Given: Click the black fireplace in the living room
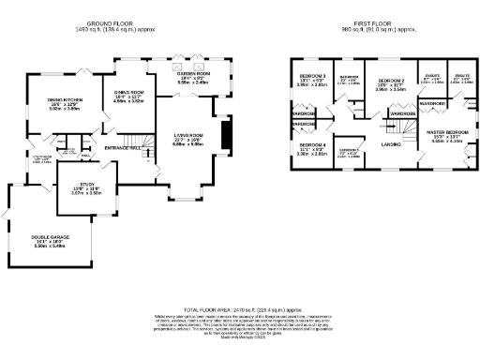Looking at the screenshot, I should (223, 137).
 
